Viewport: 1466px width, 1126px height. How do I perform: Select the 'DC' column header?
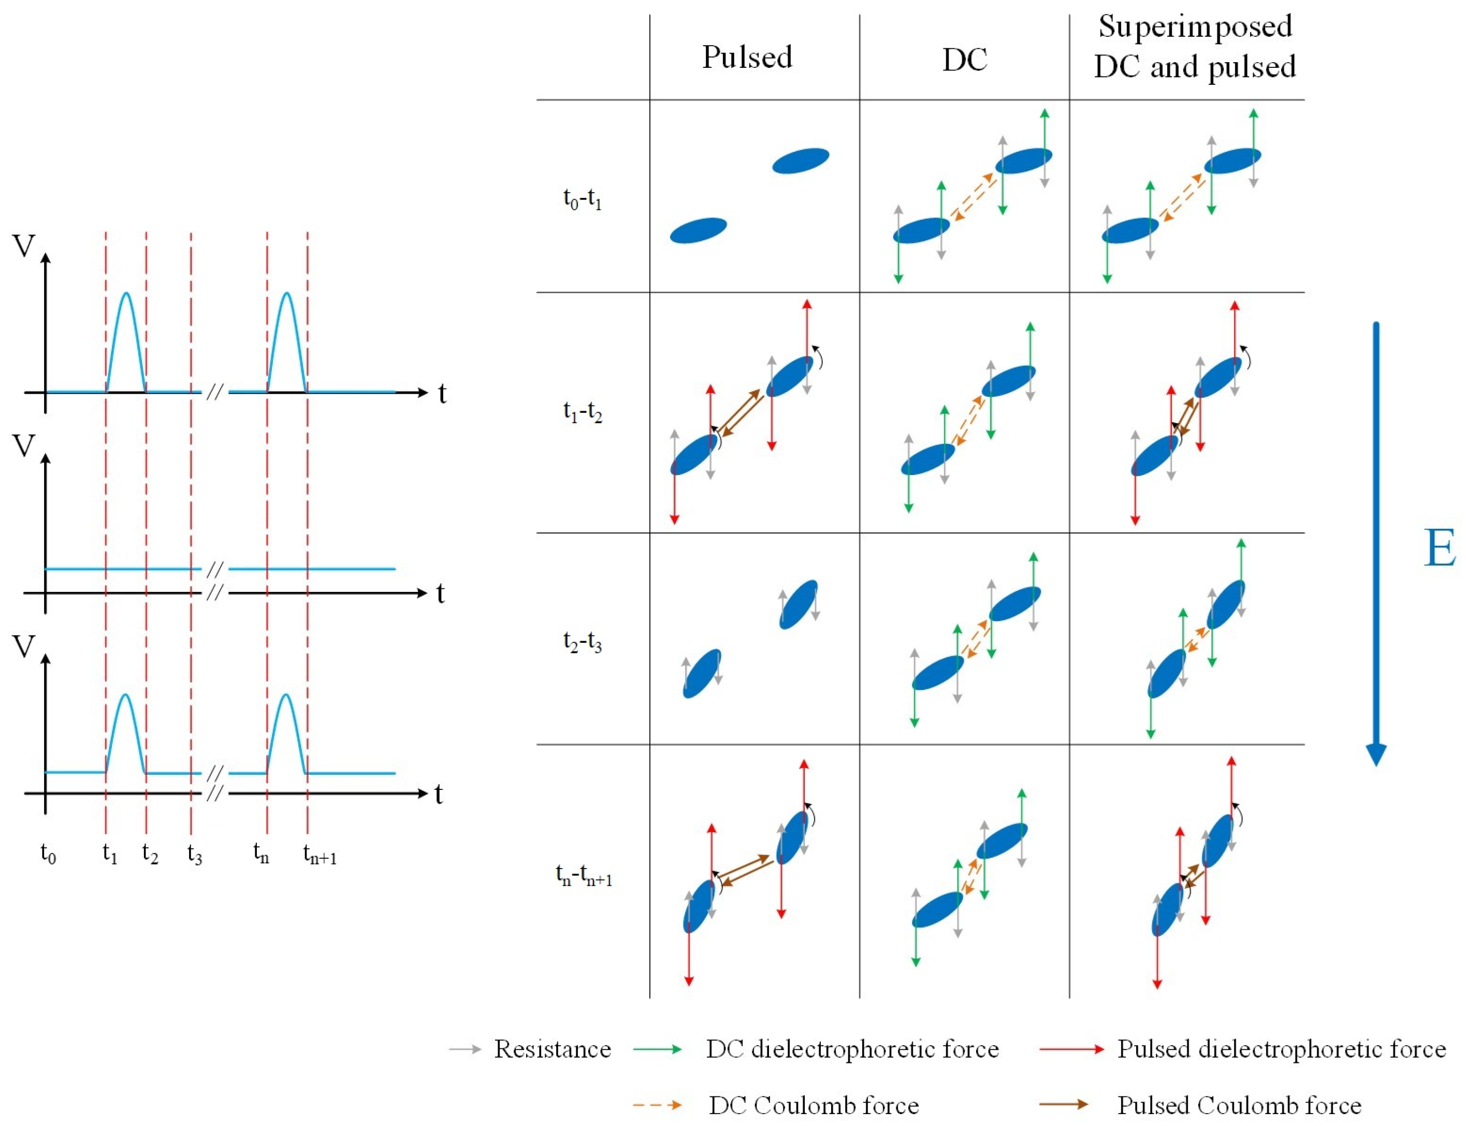(964, 60)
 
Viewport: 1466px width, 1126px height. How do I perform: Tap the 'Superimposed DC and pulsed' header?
(1195, 47)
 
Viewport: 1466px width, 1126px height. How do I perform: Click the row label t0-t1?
(582, 199)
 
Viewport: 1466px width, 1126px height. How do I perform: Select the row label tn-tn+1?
(584, 875)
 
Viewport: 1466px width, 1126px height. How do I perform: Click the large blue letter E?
(1439, 548)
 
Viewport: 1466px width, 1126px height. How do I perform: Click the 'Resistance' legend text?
(552, 1049)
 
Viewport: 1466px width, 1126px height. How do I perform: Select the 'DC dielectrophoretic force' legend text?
(852, 1049)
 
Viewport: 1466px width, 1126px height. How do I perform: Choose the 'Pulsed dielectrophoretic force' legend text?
(1281, 1049)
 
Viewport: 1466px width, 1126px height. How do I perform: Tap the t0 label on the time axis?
(48, 854)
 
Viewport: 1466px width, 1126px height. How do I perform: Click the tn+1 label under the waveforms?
(320, 855)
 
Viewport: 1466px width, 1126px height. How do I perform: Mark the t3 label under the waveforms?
(194, 854)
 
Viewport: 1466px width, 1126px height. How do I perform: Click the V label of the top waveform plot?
(24, 247)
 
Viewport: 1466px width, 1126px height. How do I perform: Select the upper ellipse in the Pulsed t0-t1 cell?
(801, 161)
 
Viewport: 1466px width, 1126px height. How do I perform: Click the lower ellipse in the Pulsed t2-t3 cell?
(702, 673)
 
